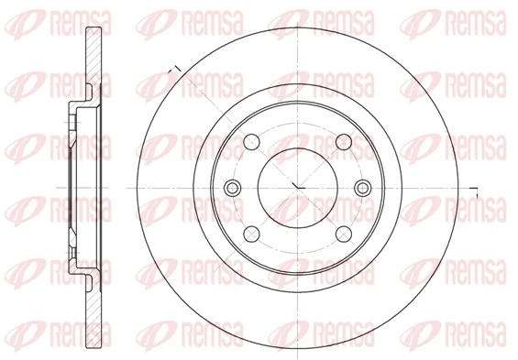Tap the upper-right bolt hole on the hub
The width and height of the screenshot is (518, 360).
(x=343, y=142)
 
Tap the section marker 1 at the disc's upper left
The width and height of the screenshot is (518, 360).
(x=172, y=68)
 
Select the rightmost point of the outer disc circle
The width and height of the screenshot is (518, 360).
(x=465, y=187)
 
